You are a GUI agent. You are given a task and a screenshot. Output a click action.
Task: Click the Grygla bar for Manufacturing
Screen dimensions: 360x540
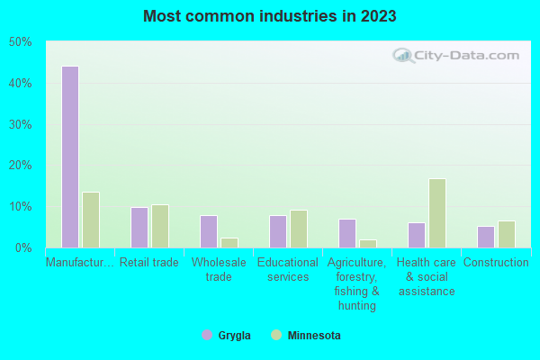click(x=69, y=157)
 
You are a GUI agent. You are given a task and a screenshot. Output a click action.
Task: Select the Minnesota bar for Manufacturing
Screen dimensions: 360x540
click(x=90, y=220)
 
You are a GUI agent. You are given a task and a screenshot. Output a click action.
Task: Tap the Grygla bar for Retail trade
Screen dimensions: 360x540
click(x=139, y=228)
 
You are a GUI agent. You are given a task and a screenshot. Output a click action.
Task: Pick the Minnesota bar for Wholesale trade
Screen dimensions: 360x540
click(x=229, y=243)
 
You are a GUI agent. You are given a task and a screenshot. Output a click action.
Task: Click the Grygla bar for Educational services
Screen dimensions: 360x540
click(x=277, y=231)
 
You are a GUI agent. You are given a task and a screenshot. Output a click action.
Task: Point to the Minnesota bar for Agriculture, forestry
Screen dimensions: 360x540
click(x=367, y=244)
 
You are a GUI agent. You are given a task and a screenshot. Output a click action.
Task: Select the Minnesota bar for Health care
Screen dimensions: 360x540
click(x=436, y=213)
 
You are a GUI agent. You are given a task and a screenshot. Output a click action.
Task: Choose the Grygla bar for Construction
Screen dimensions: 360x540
click(x=485, y=237)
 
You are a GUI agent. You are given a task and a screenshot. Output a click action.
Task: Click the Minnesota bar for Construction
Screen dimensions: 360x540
click(x=506, y=234)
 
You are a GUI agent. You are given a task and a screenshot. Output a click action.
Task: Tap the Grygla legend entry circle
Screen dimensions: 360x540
click(x=207, y=335)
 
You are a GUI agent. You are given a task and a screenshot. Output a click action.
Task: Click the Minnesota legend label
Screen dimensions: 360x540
click(x=314, y=335)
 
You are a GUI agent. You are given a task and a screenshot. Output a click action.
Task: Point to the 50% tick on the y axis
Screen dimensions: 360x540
click(x=20, y=42)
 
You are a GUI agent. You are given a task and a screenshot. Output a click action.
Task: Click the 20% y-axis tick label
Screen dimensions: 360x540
click(x=20, y=166)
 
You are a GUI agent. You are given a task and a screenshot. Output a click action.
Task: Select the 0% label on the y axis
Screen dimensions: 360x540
click(x=23, y=247)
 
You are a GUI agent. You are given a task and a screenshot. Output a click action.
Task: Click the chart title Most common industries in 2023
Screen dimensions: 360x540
click(x=269, y=16)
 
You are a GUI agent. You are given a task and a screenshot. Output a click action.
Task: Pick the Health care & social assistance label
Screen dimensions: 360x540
click(x=426, y=277)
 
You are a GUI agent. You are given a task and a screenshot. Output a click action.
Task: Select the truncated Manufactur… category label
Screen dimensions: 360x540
click(x=80, y=263)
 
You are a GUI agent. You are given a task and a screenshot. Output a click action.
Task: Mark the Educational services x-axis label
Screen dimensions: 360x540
click(x=288, y=270)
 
